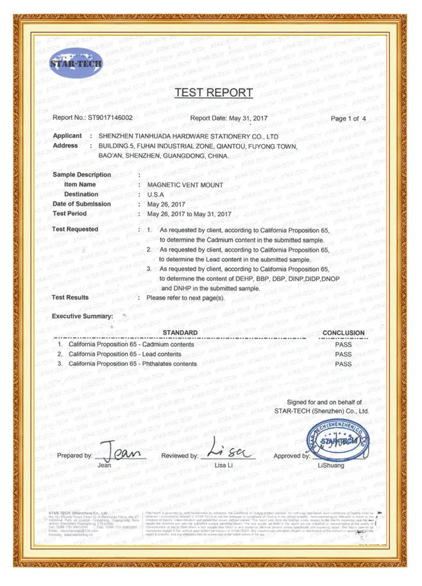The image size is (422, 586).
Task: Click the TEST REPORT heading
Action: click(x=214, y=93)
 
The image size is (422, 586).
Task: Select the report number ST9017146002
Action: click(x=110, y=118)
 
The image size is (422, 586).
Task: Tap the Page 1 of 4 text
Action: click(x=348, y=119)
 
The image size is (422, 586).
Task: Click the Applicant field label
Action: click(x=67, y=136)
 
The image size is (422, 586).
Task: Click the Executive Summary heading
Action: click(x=82, y=317)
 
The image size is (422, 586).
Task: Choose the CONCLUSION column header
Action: click(x=344, y=333)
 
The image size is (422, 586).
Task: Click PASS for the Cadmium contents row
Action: click(x=344, y=344)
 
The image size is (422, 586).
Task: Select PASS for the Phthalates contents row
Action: click(x=344, y=364)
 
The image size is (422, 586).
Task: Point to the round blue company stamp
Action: click(x=337, y=442)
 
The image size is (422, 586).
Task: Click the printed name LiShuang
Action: click(x=331, y=466)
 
